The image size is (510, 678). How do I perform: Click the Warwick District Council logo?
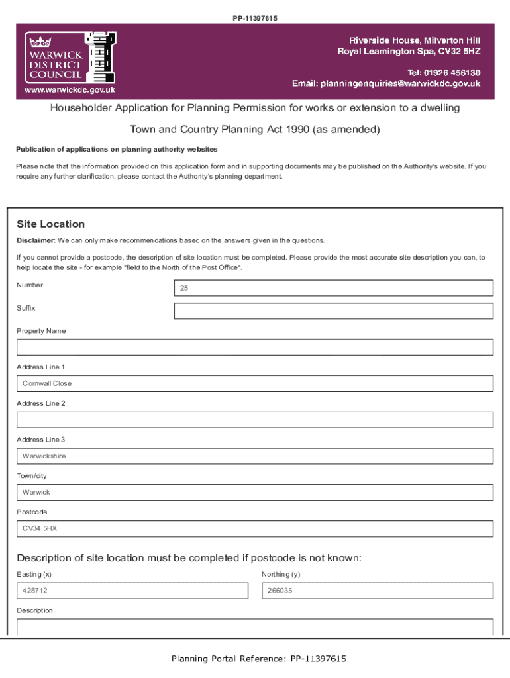click(x=70, y=57)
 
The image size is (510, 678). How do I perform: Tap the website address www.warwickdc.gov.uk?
click(x=70, y=89)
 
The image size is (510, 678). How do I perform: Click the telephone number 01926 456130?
click(x=443, y=72)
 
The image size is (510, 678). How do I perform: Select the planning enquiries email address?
click(x=401, y=84)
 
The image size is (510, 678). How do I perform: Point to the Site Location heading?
click(x=51, y=224)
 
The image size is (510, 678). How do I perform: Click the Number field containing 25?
click(x=333, y=288)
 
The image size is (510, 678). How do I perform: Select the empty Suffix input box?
click(x=333, y=311)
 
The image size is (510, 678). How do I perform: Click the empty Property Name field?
click(x=255, y=348)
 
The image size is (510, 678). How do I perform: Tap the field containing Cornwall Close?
click(x=255, y=384)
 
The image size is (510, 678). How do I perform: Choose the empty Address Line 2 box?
click(x=255, y=420)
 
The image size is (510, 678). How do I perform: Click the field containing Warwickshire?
click(x=255, y=456)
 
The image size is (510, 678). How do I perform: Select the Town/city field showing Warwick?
click(x=255, y=493)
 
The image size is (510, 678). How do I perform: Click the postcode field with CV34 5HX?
click(x=255, y=528)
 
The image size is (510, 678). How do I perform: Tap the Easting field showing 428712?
click(x=132, y=591)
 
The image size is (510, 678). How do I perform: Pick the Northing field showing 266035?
click(x=377, y=591)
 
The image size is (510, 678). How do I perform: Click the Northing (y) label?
click(x=281, y=574)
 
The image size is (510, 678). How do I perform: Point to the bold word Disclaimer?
click(x=36, y=240)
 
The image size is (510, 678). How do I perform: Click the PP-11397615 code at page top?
click(x=255, y=18)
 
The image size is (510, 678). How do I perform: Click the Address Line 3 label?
click(x=41, y=440)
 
